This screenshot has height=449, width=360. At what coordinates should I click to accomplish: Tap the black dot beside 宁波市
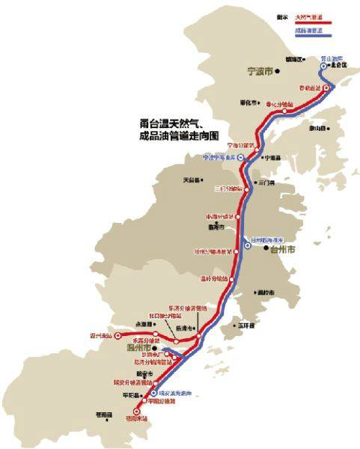(x=277, y=73)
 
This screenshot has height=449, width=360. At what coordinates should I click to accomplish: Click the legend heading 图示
(x=283, y=15)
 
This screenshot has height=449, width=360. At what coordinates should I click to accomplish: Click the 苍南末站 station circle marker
(x=136, y=411)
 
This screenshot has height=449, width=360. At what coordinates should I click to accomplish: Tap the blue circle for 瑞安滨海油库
(x=154, y=392)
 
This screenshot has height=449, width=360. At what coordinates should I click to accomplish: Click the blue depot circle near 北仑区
(x=324, y=66)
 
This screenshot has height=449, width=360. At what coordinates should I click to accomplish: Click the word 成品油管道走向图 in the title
(x=173, y=137)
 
